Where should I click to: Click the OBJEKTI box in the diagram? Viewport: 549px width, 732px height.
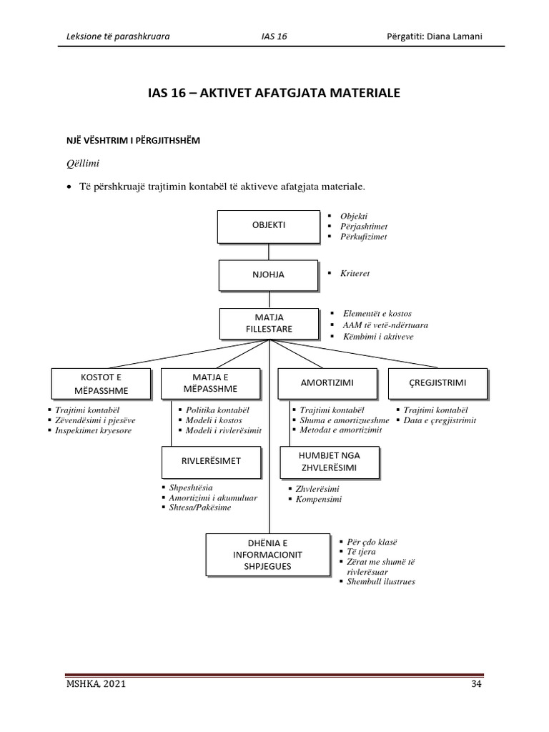268,224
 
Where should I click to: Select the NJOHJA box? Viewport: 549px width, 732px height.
268,273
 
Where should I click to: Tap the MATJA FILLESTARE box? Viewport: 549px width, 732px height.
268,324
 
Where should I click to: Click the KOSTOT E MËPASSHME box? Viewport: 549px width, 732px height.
101,383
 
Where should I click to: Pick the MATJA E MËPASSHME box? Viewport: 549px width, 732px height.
209,383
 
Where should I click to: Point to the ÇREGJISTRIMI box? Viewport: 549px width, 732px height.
437,383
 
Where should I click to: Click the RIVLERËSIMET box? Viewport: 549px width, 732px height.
210,461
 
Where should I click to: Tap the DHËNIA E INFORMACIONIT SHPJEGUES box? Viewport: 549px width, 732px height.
268,555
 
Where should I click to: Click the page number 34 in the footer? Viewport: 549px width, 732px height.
477,685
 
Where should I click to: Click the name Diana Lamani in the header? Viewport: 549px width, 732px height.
456,36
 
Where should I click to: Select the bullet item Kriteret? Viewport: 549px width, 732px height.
356,274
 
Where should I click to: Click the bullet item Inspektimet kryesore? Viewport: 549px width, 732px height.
93,431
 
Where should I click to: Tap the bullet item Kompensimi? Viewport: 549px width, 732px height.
318,499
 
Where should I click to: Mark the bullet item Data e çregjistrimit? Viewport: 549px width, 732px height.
440,420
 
